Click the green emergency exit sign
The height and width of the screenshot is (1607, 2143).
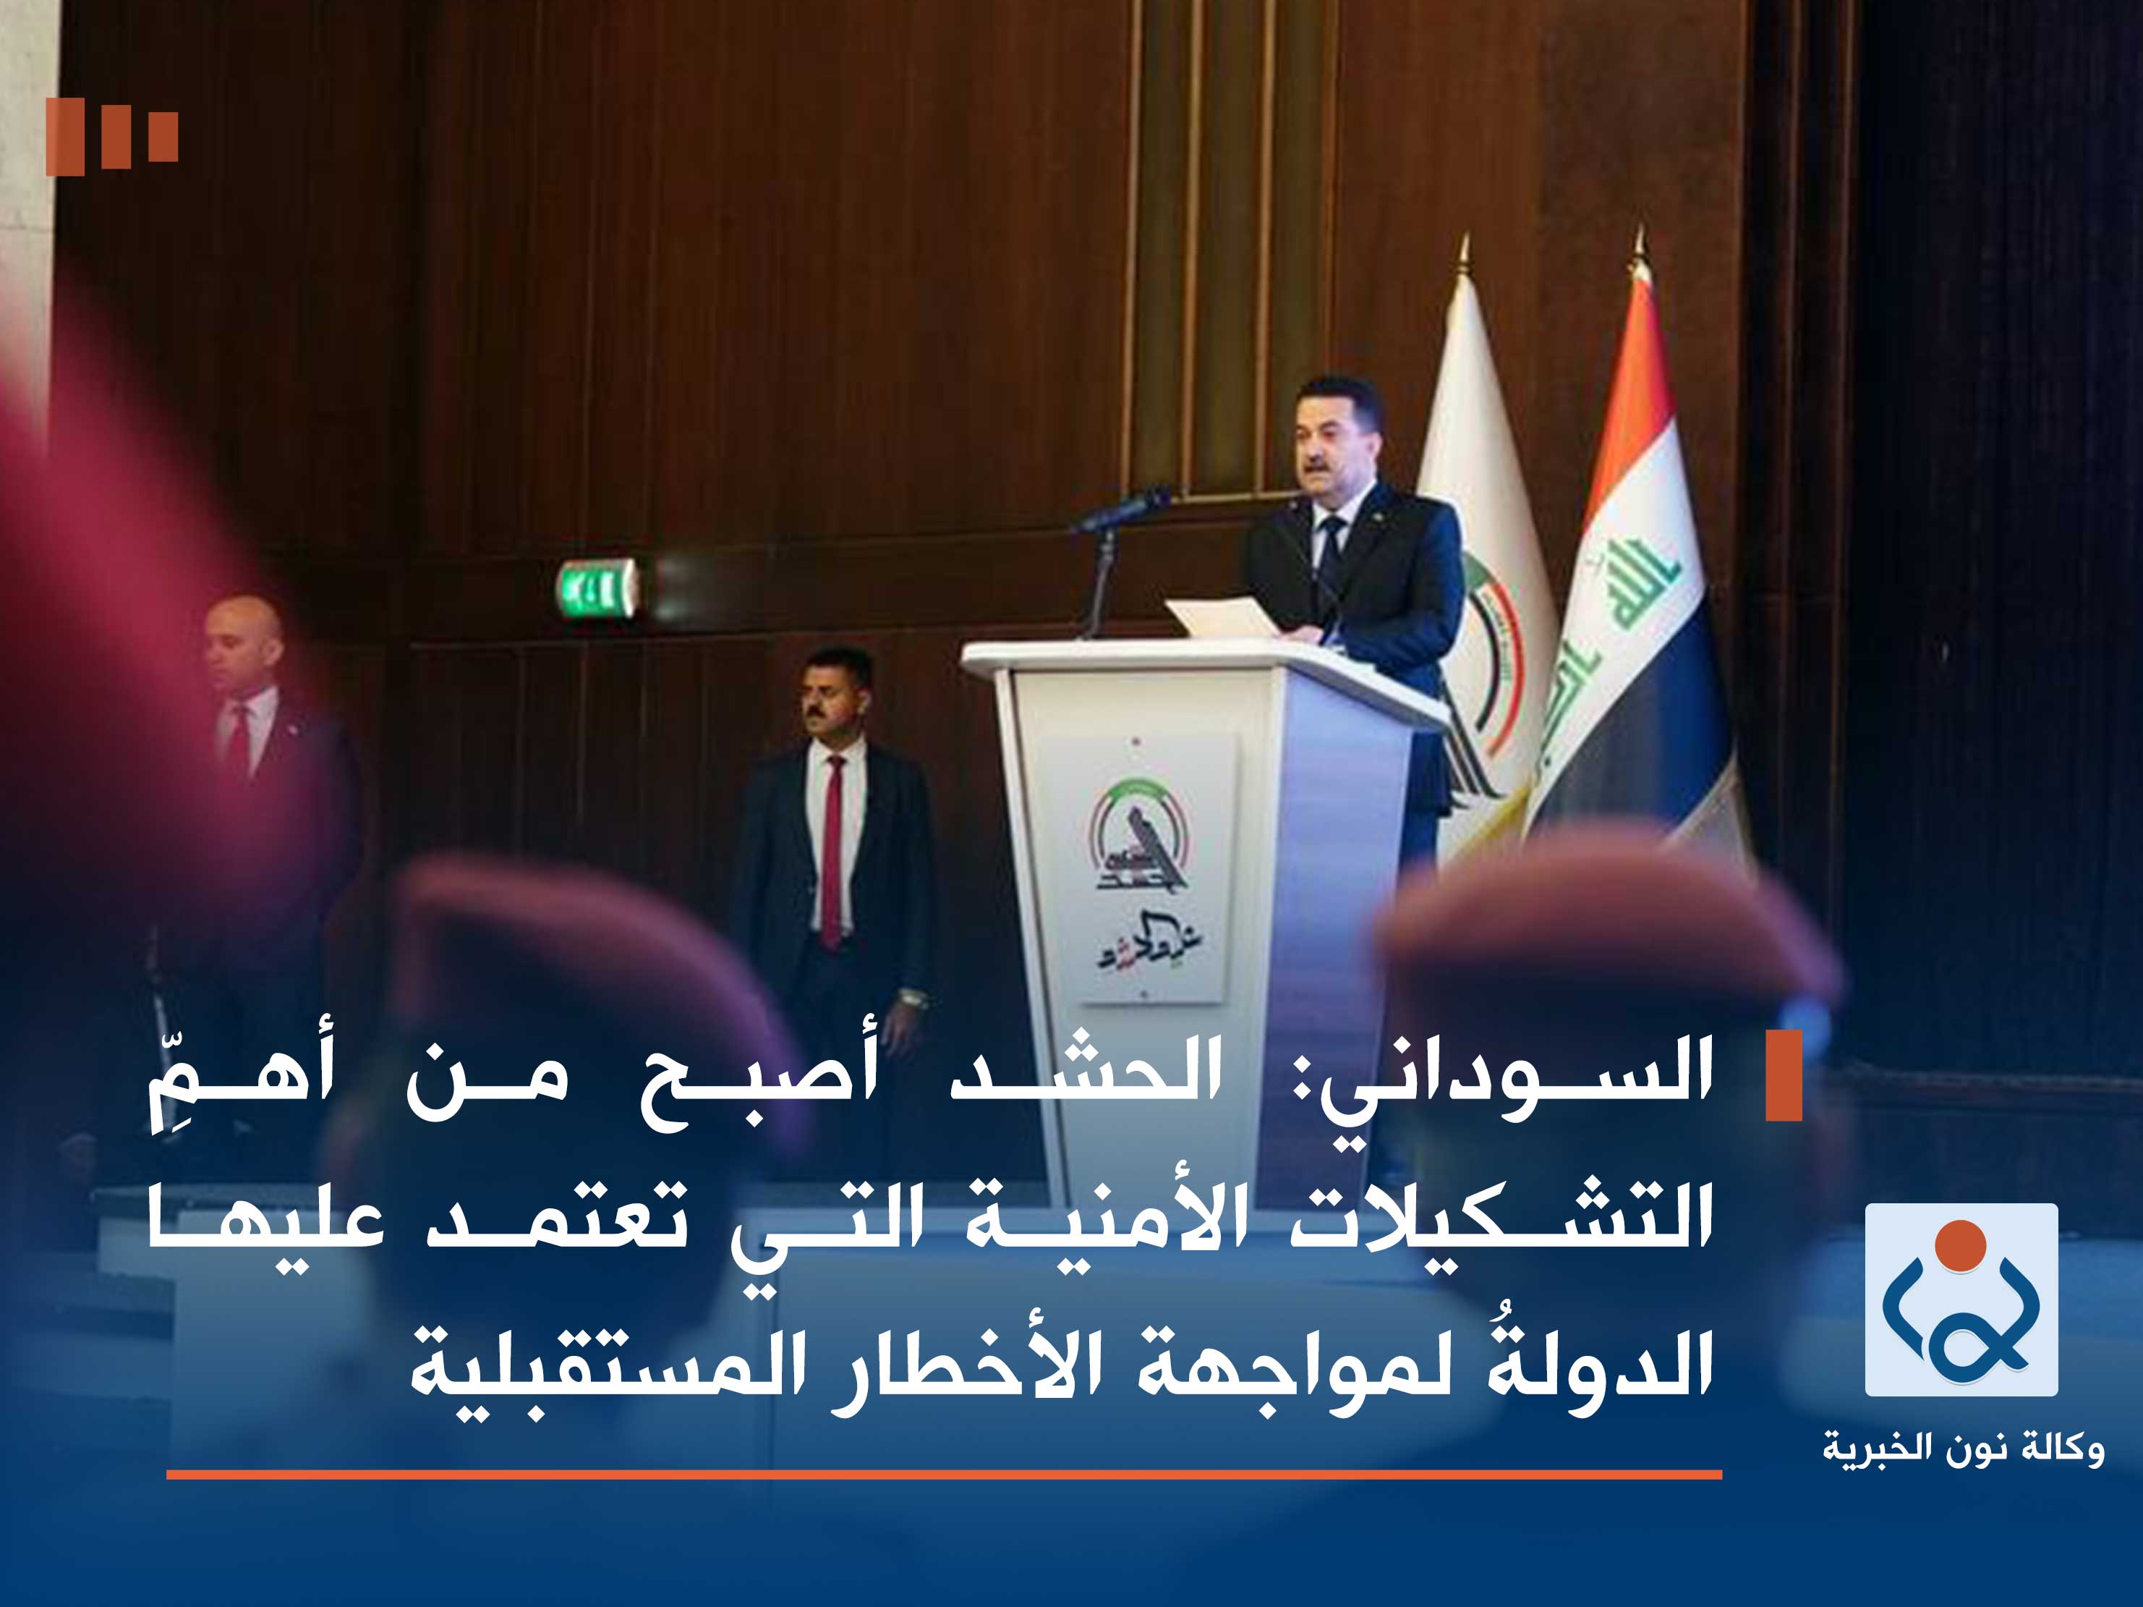[597, 589]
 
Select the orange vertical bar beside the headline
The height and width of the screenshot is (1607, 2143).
[1784, 1076]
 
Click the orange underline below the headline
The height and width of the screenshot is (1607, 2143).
[944, 1474]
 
